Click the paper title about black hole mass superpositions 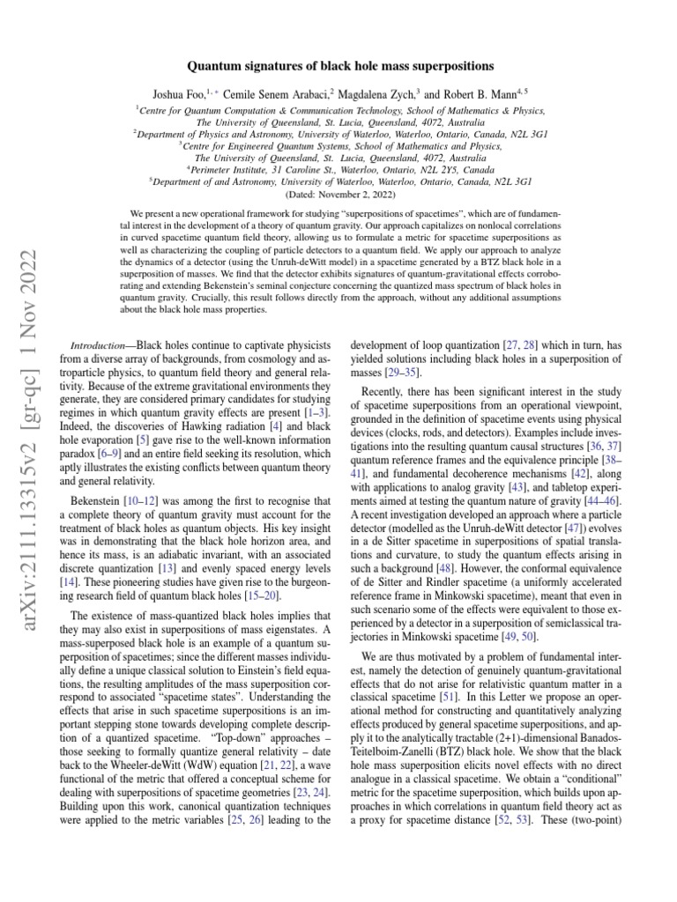338,66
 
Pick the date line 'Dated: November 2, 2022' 338,193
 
